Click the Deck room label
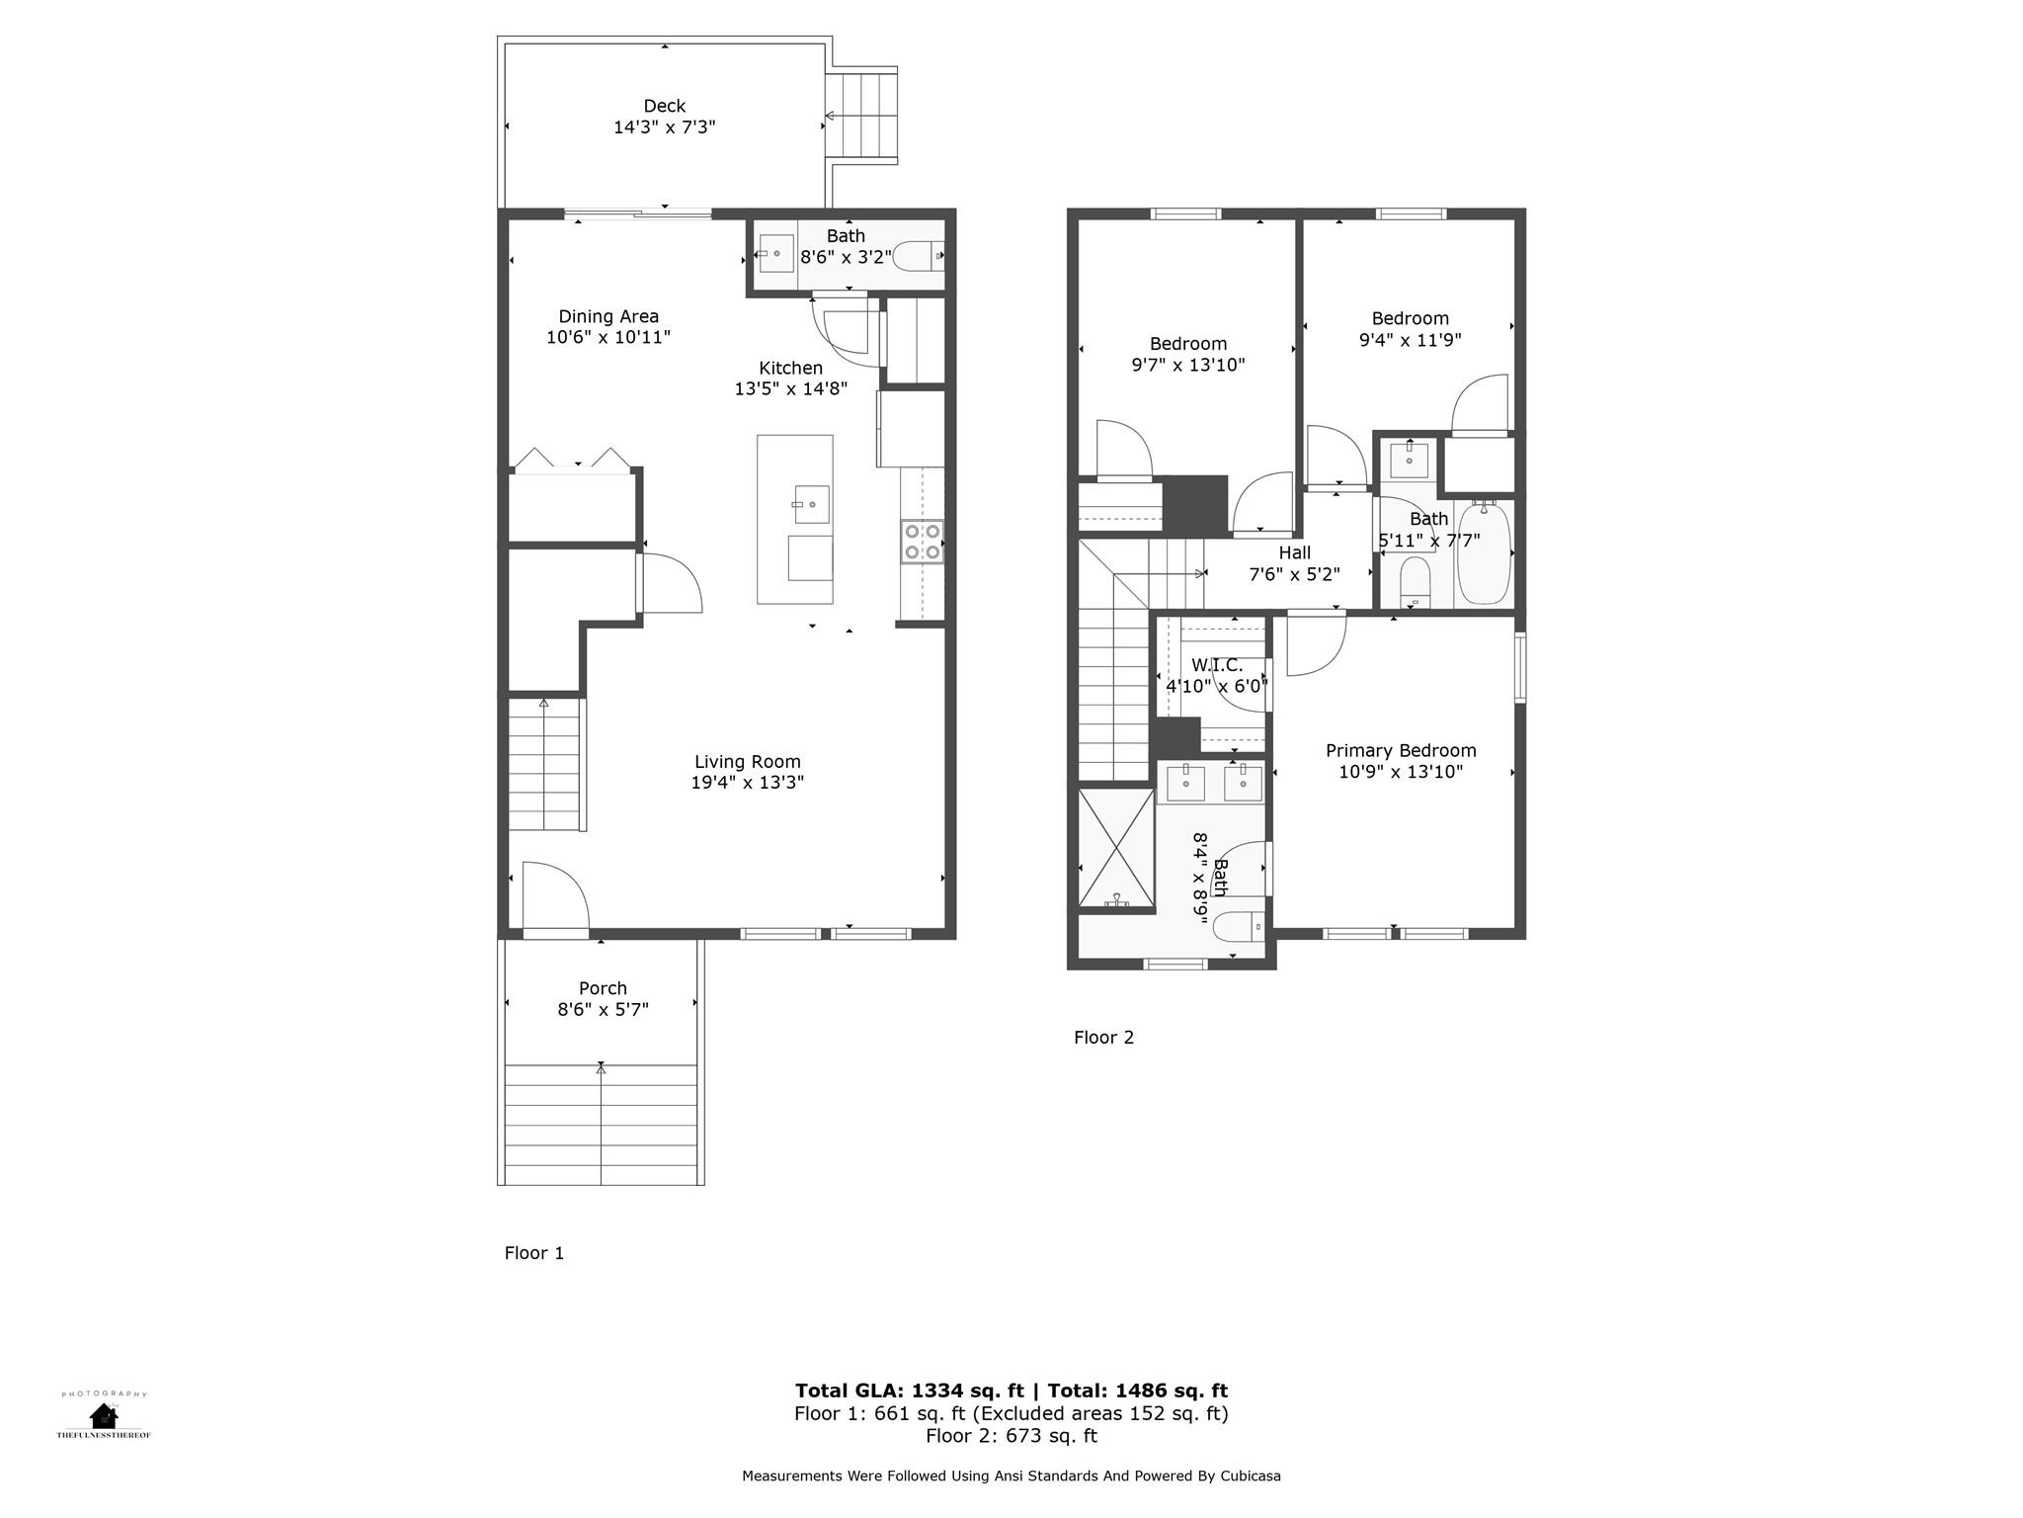[x=664, y=106]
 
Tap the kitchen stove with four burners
[x=922, y=543]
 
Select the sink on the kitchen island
[x=811, y=504]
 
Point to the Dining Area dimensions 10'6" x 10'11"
[x=608, y=338]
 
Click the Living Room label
[x=747, y=762]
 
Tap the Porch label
[x=603, y=988]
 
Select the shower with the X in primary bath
[x=1116, y=848]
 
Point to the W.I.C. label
[x=1217, y=665]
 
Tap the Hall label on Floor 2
[x=1294, y=552]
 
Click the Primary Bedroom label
[x=1401, y=751]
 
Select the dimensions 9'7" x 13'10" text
[x=1187, y=365]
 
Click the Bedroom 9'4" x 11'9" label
[x=1410, y=318]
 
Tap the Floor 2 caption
[x=1103, y=1038]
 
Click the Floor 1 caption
[x=533, y=1253]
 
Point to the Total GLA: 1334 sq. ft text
[x=909, y=1391]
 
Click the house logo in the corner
[x=104, y=1415]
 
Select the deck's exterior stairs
[x=862, y=116]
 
